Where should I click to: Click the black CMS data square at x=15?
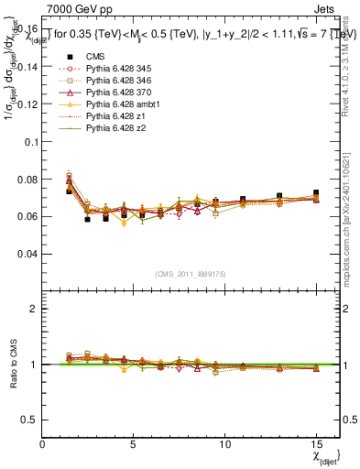click(x=316, y=193)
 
